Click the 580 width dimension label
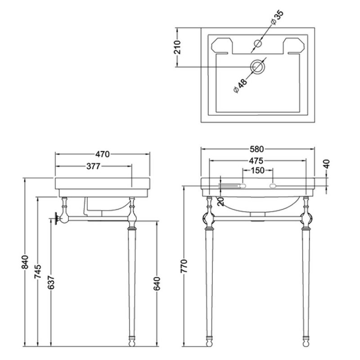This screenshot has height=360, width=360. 256,149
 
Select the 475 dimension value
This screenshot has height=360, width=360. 256,161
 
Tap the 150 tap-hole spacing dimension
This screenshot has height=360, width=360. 257,171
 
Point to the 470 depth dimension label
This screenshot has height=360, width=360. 103,154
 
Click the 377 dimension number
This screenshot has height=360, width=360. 94,166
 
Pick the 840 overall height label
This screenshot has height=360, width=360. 25,262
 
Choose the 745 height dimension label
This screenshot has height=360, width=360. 38,272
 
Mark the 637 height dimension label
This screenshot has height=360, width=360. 51,282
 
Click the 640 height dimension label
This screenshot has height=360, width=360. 157,284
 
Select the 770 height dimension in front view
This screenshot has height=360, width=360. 184,266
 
